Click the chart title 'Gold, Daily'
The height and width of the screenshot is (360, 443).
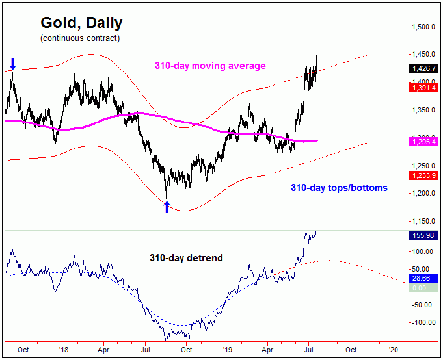(x=81, y=23)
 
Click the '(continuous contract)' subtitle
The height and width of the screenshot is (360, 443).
(x=79, y=38)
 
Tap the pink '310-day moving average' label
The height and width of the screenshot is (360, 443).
(x=209, y=66)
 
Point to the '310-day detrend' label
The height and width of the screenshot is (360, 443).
(x=187, y=258)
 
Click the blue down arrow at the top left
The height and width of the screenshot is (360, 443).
(x=12, y=63)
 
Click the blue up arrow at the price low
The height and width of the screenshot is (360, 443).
(x=167, y=207)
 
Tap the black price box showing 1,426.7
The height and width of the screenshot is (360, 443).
(x=423, y=68)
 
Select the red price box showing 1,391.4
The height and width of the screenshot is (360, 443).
(x=423, y=87)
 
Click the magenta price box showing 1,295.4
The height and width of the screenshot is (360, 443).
(x=423, y=141)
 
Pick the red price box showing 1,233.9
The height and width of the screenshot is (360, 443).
(x=423, y=175)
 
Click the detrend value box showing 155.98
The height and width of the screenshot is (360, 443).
(x=423, y=235)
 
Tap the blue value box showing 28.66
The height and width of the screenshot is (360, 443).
(x=423, y=277)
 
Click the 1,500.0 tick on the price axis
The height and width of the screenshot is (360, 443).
(x=423, y=27)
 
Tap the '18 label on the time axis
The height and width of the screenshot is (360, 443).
(x=63, y=348)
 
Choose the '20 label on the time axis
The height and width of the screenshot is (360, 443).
(x=393, y=348)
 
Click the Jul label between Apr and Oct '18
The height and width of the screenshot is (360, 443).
(x=144, y=348)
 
